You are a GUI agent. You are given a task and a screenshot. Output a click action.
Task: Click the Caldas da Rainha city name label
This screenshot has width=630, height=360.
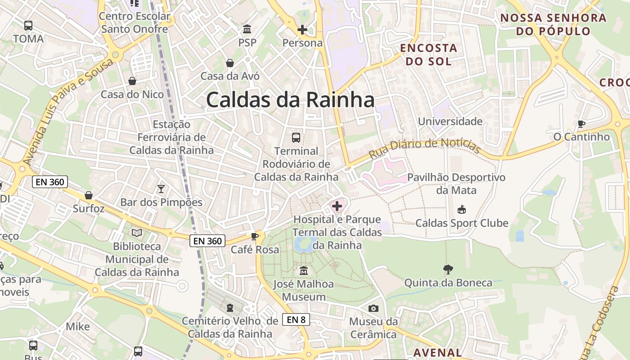click(x=290, y=100)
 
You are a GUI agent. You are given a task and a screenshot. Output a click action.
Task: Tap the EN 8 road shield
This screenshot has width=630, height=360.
click(x=296, y=319)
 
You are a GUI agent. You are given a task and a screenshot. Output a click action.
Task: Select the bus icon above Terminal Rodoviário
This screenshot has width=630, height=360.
click(x=296, y=138)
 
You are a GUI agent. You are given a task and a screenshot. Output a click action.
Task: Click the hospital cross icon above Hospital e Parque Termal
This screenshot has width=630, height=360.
click(x=337, y=207)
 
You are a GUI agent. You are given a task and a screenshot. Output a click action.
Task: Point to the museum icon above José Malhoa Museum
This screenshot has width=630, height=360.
click(x=304, y=271)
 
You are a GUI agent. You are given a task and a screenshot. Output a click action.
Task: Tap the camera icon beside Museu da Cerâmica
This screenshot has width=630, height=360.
click(x=373, y=308)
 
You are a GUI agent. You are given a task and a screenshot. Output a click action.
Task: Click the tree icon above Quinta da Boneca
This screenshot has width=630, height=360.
click(x=448, y=270)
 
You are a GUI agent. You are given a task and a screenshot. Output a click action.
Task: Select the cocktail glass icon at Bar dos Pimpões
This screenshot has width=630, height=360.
click(x=161, y=189)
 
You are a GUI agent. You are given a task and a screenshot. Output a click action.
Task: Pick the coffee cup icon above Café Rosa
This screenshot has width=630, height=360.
click(x=255, y=236)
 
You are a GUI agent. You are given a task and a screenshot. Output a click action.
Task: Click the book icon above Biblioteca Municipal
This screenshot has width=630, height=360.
click(x=137, y=233)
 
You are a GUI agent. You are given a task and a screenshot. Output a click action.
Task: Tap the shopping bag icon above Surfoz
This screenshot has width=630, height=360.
click(x=89, y=195)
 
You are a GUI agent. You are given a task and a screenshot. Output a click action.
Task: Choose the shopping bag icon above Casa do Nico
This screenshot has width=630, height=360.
click(x=132, y=81)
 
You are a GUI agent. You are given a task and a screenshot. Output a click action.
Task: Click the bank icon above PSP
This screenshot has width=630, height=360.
click(x=247, y=30)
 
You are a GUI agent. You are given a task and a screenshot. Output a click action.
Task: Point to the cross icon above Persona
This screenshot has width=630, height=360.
click(x=302, y=30)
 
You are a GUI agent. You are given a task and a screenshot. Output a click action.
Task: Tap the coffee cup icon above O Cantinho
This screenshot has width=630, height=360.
click(x=581, y=124)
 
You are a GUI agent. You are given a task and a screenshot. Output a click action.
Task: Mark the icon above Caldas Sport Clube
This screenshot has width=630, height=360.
click(x=461, y=209)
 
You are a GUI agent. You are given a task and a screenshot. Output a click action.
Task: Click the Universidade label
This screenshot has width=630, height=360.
click(x=450, y=121)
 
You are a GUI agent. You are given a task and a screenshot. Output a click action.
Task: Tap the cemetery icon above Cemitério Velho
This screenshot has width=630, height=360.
click(x=230, y=308)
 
